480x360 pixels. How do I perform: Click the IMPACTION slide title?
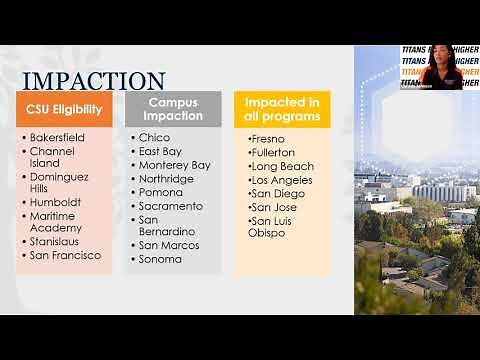pos(94,81)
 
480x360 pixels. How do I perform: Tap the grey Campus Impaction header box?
pos(174,109)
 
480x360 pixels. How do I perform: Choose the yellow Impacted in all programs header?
pos(282,109)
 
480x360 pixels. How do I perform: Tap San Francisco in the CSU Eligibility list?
pos(65,255)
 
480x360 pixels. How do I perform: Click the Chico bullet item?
pos(154,137)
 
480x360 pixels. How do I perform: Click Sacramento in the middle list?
pos(171,205)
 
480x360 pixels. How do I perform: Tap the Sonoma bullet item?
pos(160,259)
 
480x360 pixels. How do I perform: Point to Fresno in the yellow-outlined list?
pos(268,138)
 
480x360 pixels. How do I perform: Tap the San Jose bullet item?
pos(274,207)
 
